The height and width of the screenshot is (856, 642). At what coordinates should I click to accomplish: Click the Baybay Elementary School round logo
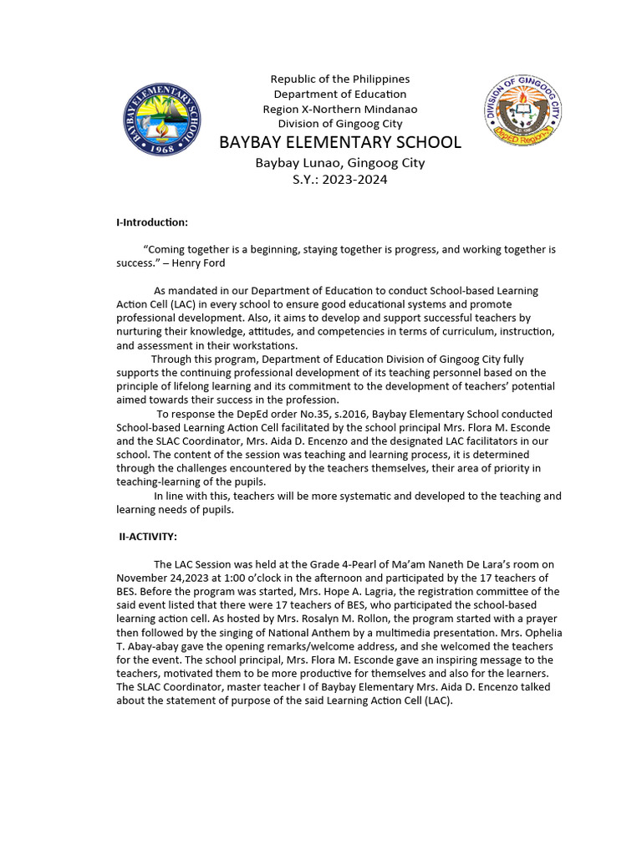[161, 119]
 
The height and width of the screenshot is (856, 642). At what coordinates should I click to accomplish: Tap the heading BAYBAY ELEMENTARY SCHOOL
[339, 142]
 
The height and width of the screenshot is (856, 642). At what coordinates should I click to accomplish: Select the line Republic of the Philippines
[339, 79]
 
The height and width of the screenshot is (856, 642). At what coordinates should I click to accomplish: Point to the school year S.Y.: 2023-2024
[339, 179]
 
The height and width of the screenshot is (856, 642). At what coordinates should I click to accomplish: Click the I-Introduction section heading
[152, 222]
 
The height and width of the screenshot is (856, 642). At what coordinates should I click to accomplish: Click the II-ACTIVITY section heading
[148, 537]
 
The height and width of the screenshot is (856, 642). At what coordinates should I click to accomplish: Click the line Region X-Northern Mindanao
[339, 109]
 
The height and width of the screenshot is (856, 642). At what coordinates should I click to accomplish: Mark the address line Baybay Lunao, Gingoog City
[339, 162]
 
